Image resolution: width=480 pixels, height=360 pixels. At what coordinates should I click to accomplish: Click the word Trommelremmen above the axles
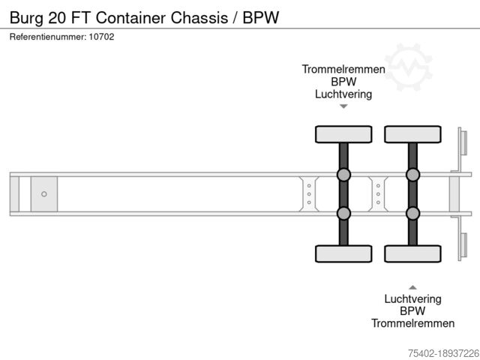(x=343, y=69)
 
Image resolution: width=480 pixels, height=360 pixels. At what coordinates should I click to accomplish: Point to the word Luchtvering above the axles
(x=343, y=94)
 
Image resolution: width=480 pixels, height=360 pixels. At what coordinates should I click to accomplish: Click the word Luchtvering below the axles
(x=412, y=298)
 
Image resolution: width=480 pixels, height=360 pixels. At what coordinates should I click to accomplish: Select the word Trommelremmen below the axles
(x=412, y=323)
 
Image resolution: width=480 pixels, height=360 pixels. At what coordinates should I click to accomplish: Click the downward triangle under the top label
(x=343, y=106)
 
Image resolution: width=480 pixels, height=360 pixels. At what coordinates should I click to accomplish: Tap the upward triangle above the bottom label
(x=412, y=286)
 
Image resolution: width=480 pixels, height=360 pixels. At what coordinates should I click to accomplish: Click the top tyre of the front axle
(x=343, y=134)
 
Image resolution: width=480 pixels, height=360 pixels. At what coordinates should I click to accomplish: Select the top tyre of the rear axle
(x=412, y=134)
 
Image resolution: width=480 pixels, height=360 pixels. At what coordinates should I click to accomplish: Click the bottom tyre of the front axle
(x=343, y=253)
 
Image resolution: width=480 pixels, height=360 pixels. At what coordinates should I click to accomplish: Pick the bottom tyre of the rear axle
(x=412, y=253)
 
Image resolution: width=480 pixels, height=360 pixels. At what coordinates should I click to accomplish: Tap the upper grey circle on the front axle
(x=343, y=175)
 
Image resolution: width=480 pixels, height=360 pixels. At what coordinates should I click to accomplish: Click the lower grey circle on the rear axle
(x=412, y=213)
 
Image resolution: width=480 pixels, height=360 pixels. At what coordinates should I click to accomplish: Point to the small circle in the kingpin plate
(x=44, y=194)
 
